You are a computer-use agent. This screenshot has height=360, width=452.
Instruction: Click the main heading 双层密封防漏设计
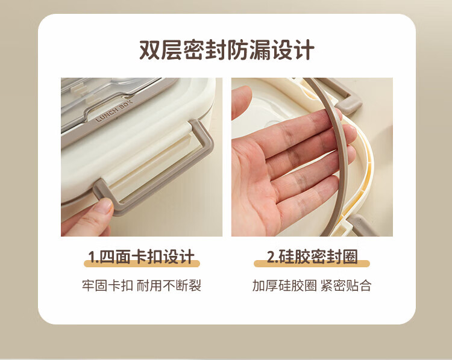click(x=227, y=50)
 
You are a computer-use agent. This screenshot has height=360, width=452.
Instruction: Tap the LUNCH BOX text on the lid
click(x=114, y=111)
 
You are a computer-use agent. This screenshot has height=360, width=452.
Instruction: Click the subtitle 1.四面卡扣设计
click(x=141, y=257)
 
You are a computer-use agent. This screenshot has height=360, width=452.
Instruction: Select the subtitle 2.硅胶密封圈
click(x=312, y=257)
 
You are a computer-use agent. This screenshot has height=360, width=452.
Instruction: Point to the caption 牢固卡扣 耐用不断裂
click(x=142, y=285)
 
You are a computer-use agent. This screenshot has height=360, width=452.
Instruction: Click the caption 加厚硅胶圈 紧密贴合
click(x=312, y=285)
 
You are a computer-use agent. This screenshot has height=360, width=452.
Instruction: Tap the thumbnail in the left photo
click(x=104, y=205)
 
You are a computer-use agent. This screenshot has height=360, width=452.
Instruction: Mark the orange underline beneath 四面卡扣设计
click(x=142, y=264)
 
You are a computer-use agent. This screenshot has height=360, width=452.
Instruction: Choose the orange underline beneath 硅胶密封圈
click(x=312, y=264)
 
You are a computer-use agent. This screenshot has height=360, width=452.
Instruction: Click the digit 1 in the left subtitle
click(x=92, y=257)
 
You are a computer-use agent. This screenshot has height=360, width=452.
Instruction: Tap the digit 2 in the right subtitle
click(x=271, y=257)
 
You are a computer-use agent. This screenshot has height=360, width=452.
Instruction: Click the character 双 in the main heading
click(x=149, y=50)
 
